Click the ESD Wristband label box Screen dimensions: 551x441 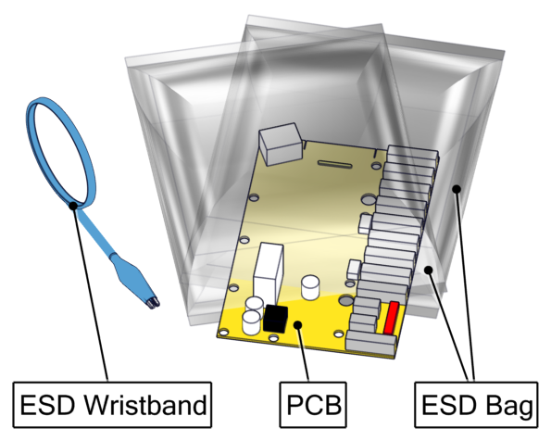(x=112, y=405)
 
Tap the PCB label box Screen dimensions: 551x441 (x=313, y=405)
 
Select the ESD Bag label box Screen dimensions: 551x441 (x=476, y=405)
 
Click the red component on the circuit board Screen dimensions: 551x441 (x=391, y=318)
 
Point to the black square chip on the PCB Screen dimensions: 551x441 (x=276, y=319)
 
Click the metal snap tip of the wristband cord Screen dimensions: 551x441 (x=154, y=303)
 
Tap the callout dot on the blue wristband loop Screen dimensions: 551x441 (x=73, y=206)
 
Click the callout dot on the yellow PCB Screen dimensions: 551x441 (x=298, y=324)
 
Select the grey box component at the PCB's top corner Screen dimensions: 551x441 (x=281, y=144)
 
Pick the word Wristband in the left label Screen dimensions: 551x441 (x=147, y=405)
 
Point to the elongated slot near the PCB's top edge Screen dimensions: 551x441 (x=334, y=164)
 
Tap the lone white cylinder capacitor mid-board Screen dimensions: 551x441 (x=310, y=287)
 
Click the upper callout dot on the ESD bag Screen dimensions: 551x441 (x=457, y=189)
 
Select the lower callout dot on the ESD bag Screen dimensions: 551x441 (x=428, y=270)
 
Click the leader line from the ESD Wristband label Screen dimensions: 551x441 (x=90, y=294)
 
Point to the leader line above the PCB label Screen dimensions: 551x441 (x=303, y=353)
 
